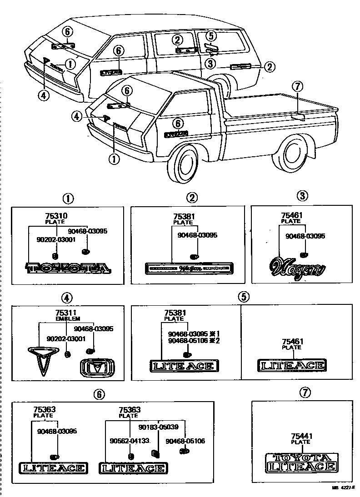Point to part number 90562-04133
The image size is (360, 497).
click(130, 440)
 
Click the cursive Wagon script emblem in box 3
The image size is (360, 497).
click(298, 268)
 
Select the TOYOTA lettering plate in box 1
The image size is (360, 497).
click(69, 268)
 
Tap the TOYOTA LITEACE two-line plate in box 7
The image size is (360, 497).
click(301, 462)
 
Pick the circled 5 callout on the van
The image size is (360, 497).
click(210, 35)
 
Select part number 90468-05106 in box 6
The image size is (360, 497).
click(179, 441)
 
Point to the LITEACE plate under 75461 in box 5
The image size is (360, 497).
click(291, 365)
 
